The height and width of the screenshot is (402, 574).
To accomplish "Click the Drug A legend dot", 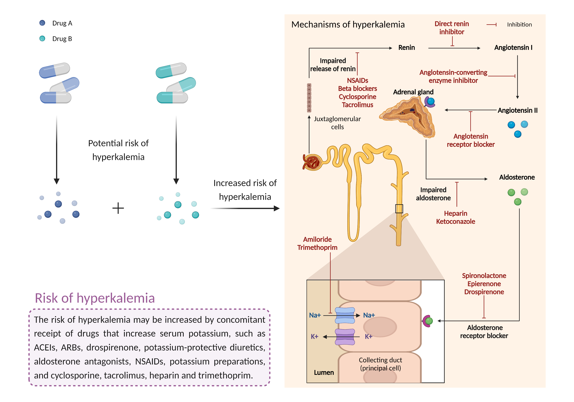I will [42, 23].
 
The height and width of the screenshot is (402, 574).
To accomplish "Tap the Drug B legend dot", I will [42, 38].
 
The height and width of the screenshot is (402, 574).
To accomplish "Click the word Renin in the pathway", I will [407, 47].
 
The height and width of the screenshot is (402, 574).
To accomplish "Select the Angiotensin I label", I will [513, 47].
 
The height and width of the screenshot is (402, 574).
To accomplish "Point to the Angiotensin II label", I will [518, 110].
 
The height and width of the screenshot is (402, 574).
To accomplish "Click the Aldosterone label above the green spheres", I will [517, 177].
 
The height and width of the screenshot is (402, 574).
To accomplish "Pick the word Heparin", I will [456, 213].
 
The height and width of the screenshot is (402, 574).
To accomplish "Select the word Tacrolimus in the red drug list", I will [357, 105].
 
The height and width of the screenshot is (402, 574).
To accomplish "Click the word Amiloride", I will [317, 239].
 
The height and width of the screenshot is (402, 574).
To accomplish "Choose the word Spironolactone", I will [484, 276].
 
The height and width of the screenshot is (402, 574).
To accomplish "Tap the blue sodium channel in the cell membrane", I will [345, 315].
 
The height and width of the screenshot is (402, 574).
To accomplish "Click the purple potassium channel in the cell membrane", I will [345, 337].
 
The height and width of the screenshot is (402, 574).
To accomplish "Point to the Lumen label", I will [324, 373].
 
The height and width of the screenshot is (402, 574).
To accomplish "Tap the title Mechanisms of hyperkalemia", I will [348, 25].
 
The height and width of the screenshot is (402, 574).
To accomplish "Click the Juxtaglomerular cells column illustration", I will [309, 98].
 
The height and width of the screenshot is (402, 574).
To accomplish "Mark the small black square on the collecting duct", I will [399, 209].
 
